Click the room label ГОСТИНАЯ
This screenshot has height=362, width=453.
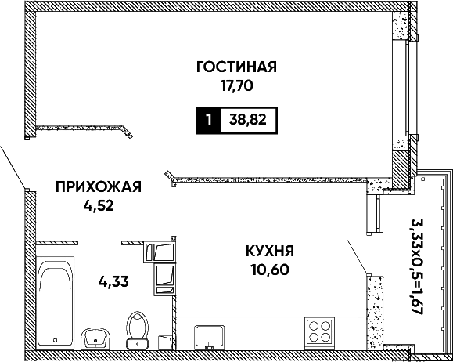(x=236, y=67)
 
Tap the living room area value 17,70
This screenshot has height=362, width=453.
(x=237, y=85)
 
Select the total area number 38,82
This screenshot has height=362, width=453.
(x=248, y=119)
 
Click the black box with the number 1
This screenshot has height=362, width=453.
(x=208, y=120)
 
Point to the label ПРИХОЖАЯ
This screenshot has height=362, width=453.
(x=99, y=186)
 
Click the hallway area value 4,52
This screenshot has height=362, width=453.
(x=99, y=206)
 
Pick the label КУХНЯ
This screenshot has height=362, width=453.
(x=270, y=251)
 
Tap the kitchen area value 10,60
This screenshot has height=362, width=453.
(x=270, y=270)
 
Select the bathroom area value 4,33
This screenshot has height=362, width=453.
(x=113, y=281)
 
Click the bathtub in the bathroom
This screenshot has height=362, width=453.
(x=56, y=303)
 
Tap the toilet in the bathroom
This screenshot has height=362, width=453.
(x=137, y=330)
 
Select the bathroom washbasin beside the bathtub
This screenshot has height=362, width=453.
(x=95, y=338)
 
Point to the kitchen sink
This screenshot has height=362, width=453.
(x=209, y=336)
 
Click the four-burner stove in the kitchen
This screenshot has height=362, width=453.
(x=319, y=331)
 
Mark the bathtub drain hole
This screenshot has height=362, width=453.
(x=56, y=340)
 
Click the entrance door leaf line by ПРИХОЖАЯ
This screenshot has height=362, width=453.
(x=13, y=167)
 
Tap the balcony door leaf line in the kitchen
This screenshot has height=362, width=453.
(x=358, y=257)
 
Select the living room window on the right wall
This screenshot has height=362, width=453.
(x=408, y=87)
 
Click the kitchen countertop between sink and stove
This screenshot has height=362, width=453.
(x=264, y=333)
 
